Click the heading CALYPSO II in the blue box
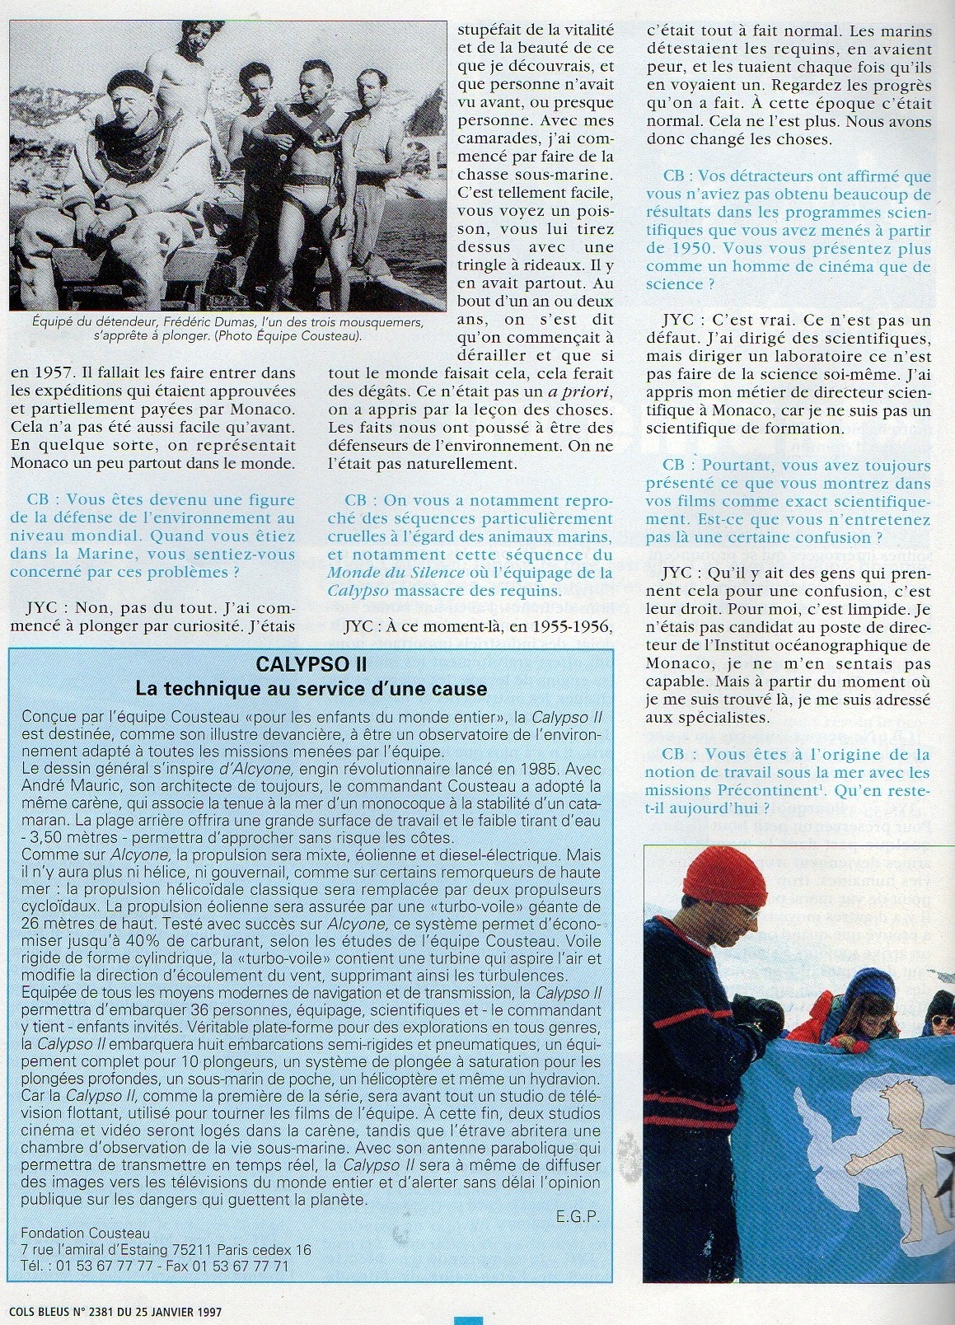coord(311,664)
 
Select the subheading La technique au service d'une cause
coord(311,688)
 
